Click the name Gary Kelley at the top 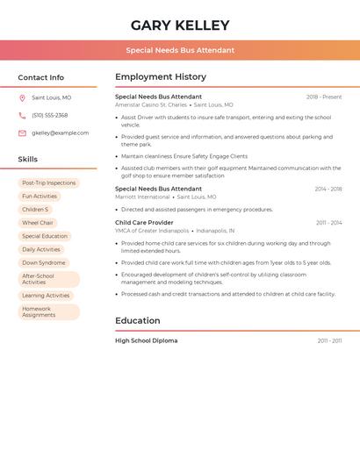pyautogui.click(x=180, y=25)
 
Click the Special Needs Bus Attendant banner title pyautogui.click(x=180, y=50)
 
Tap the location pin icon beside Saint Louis pyautogui.click(x=22, y=98)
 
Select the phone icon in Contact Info pyautogui.click(x=22, y=115)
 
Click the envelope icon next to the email pyautogui.click(x=22, y=133)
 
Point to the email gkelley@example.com pyautogui.click(x=60, y=133)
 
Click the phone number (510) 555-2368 pyautogui.click(x=49, y=115)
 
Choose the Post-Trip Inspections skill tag pyautogui.click(x=49, y=182)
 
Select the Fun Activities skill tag pyautogui.click(x=40, y=197)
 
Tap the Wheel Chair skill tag pyautogui.click(x=38, y=223)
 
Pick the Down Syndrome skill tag pyautogui.click(x=44, y=262)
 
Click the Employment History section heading pyautogui.click(x=161, y=77)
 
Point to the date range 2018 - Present pyautogui.click(x=324, y=97)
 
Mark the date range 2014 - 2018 pyautogui.click(x=328, y=189)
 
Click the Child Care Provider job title pyautogui.click(x=144, y=223)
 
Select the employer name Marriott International pyautogui.click(x=142, y=197)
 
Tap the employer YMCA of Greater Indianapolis pyautogui.click(x=152, y=231)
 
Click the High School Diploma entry pyautogui.click(x=146, y=340)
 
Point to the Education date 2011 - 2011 pyautogui.click(x=329, y=340)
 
